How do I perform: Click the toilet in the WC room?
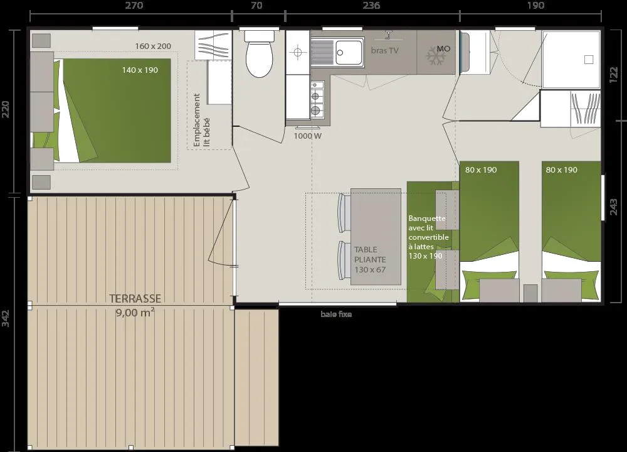[x=259, y=53]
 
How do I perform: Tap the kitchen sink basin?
[x=349, y=53]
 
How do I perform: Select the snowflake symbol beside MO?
[x=436, y=56]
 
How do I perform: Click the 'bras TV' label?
[x=385, y=50]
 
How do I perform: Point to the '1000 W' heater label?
[x=307, y=136]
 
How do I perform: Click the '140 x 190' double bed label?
[x=140, y=70]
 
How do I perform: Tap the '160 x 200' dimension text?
[x=153, y=46]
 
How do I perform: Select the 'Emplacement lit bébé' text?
[x=201, y=120]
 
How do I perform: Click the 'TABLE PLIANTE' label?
[x=370, y=254]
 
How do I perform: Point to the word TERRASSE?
[x=135, y=299]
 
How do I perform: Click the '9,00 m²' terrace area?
[x=135, y=312]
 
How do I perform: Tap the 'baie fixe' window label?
[x=336, y=315]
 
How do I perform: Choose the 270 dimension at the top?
[x=134, y=5]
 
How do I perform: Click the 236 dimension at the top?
[x=371, y=5]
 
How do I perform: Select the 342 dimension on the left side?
[x=6, y=318]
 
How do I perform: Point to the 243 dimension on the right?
[x=613, y=207]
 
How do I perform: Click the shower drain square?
[x=589, y=60]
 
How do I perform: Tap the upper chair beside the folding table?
[x=344, y=213]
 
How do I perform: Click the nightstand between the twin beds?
[x=530, y=293]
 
